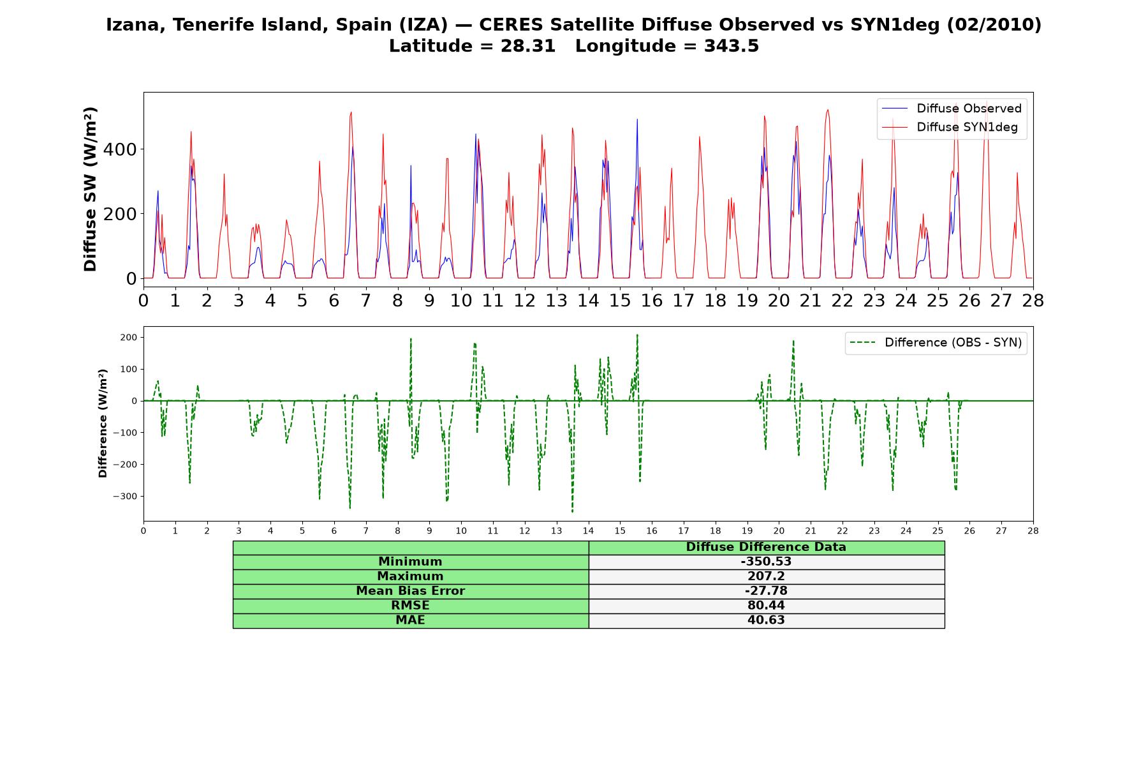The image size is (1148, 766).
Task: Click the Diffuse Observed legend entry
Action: point(952,109)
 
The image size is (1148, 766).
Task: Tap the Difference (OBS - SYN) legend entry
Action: point(936,343)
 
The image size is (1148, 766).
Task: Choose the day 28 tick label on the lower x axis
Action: point(1033,530)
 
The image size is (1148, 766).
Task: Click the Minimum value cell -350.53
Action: point(766,562)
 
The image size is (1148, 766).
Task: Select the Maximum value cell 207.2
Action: point(766,576)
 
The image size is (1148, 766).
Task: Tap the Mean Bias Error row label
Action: point(410,591)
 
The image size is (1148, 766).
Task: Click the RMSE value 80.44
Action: point(766,606)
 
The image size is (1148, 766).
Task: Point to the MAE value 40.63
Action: point(766,620)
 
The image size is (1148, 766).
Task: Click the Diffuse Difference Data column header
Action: point(766,547)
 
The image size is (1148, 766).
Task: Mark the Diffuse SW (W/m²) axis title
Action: point(91,190)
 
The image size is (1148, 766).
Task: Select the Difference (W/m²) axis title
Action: point(103,423)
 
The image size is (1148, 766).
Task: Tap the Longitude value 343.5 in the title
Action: point(732,46)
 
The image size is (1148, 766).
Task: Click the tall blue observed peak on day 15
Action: point(637,119)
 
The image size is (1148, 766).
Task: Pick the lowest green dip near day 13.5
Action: point(572,511)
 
